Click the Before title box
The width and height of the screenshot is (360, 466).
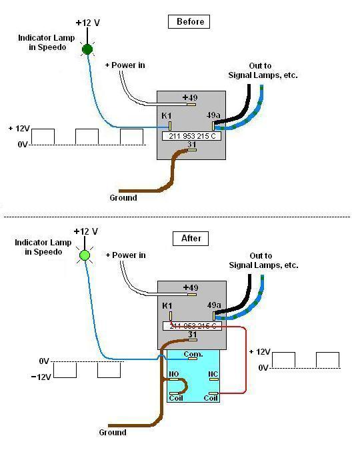(189, 22)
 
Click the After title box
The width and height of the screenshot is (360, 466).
(191, 239)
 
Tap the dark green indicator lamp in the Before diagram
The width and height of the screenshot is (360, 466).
(87, 49)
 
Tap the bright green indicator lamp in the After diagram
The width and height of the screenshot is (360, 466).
(85, 255)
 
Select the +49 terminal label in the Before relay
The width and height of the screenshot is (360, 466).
(190, 97)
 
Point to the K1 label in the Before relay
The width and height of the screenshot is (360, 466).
(167, 115)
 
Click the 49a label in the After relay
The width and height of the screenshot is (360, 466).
(214, 305)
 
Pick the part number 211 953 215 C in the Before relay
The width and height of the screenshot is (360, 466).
(192, 136)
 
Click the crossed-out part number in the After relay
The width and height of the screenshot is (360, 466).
(193, 326)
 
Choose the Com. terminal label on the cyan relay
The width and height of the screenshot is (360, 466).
(193, 354)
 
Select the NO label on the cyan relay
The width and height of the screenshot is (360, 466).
(173, 374)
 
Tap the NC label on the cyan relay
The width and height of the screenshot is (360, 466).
(213, 374)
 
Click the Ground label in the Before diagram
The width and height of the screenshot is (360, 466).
(123, 197)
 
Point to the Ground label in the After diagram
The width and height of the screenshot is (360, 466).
(113, 433)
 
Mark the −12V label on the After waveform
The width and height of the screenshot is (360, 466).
(41, 377)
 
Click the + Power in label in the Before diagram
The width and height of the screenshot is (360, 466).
(125, 65)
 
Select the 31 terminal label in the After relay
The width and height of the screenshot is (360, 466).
(193, 335)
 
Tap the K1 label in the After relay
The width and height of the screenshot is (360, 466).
(167, 305)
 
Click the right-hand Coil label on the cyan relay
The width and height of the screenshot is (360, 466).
(211, 398)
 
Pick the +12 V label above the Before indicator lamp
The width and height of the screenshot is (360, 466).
(88, 23)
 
